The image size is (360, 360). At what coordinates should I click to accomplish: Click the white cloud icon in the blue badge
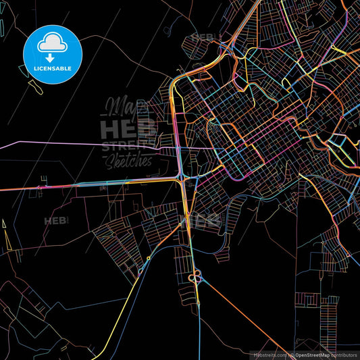pyautogui.click(x=51, y=42)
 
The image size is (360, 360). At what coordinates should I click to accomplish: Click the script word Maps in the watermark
pyautogui.click(x=119, y=107)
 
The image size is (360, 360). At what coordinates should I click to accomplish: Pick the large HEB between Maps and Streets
pyautogui.click(x=128, y=128)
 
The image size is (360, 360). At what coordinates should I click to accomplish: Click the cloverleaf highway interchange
pyautogui.click(x=196, y=276)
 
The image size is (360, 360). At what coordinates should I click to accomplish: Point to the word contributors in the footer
pyautogui.click(x=341, y=354)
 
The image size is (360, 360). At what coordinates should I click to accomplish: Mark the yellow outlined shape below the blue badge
pyautogui.click(x=32, y=84)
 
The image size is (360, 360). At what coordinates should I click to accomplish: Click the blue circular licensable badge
pyautogui.click(x=52, y=52)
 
